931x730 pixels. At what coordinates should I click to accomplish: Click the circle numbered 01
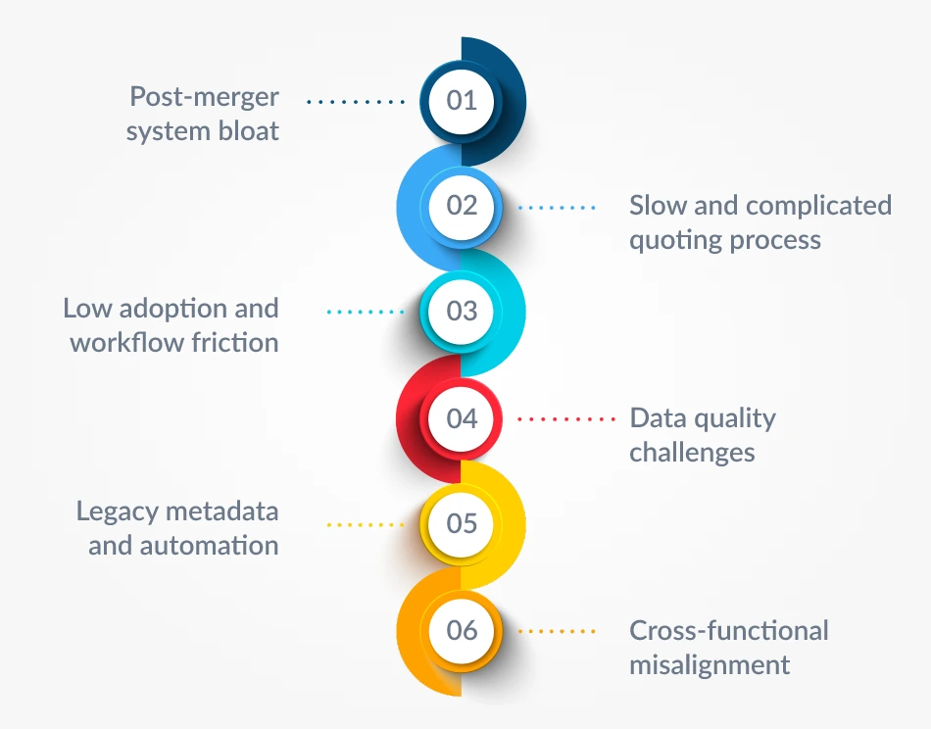462,100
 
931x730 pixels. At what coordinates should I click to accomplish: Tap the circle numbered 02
462,206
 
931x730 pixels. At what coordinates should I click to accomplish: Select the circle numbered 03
462,312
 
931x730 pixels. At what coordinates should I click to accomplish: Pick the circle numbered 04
462,418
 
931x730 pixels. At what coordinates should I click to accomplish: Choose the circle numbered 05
462,523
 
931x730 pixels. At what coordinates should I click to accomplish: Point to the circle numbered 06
462,630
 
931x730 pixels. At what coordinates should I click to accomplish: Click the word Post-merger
205,97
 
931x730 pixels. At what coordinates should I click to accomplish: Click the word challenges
692,453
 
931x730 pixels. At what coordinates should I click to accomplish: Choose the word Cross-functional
728,630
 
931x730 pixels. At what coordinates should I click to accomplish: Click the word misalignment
710,664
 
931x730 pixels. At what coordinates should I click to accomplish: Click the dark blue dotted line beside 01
356,100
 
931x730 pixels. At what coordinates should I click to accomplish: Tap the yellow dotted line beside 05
365,524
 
